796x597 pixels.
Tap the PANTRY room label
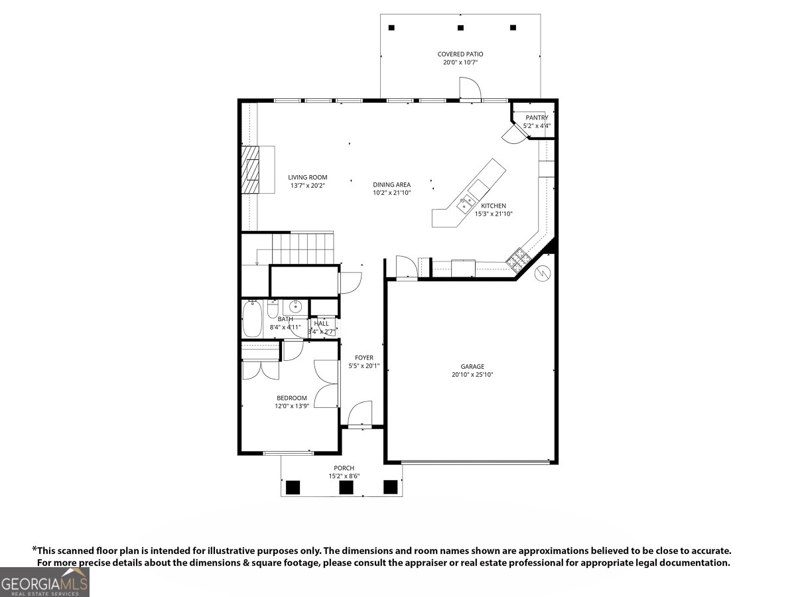pos(537,117)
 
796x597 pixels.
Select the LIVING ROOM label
pos(308,177)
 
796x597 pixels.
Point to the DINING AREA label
pos(391,184)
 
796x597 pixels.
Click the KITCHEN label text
pos(494,206)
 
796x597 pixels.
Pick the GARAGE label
pos(472,366)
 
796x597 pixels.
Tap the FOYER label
pos(364,358)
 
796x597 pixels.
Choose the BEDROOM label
pos(292,398)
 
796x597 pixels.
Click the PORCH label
pos(344,468)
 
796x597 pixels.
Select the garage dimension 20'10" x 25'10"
pos(472,375)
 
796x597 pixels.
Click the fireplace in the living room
pos(251,169)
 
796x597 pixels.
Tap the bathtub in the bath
pos(253,320)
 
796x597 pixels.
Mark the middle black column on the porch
pos(346,488)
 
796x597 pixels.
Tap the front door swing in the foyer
pos(360,414)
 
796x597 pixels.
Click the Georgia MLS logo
pos(44,582)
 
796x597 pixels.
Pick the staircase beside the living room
pos(302,248)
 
